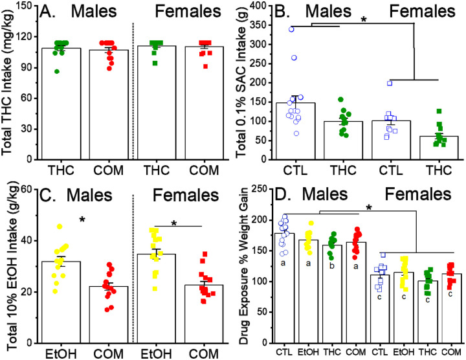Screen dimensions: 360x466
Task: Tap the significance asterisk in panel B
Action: click(364, 21)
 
